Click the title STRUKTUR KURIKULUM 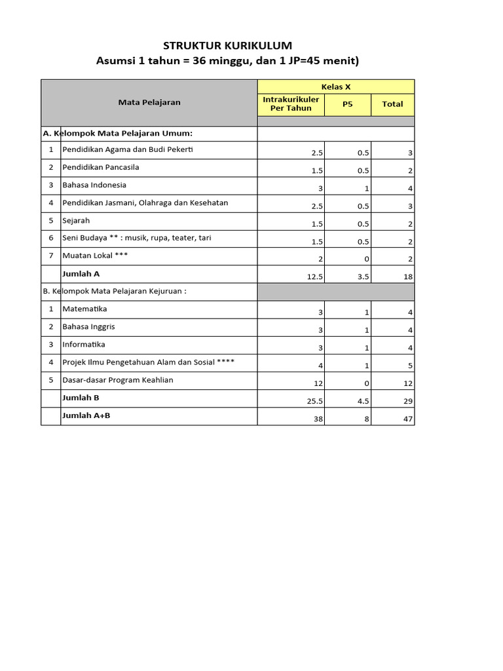[x=227, y=45]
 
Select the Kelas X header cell [x=336, y=87]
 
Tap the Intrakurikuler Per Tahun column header [x=291, y=104]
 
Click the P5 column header [x=347, y=104]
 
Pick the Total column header [x=392, y=104]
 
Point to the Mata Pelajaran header [x=149, y=102]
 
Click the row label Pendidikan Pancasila [x=100, y=167]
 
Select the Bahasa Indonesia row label [x=94, y=185]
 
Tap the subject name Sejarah [x=76, y=220]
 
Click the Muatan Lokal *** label [x=94, y=256]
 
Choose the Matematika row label [x=84, y=309]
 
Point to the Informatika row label [x=83, y=344]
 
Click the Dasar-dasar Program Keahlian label [x=118, y=380]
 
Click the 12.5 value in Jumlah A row [x=315, y=277]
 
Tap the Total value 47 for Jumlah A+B [x=408, y=419]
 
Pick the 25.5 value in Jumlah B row [x=315, y=401]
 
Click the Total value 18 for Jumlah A [x=408, y=277]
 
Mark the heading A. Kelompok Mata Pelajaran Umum [x=117, y=133]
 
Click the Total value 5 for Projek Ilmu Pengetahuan [x=410, y=366]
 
